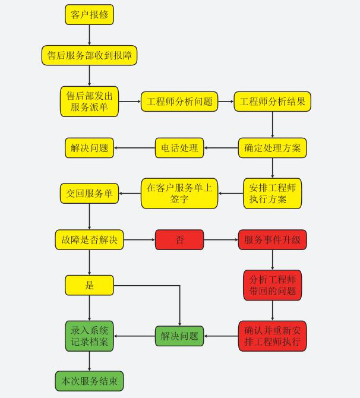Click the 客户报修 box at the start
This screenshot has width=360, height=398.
pos(89,15)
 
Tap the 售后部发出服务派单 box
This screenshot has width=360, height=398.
pos(89,102)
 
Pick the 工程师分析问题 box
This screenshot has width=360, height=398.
pos(179,102)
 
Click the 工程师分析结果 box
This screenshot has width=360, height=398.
pos(272,102)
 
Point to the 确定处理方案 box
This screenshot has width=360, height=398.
pos(272,148)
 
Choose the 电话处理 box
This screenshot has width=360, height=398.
pos(179,148)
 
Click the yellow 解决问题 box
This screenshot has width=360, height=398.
pos(89,148)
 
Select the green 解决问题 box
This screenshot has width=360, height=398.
pos(179,336)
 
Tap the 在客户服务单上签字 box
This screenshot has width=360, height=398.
pos(179,194)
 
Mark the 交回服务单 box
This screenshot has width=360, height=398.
pos(89,193)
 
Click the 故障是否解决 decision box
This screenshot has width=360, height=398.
pos(89,240)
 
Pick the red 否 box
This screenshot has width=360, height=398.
pos(179,240)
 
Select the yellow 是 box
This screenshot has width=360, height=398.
pos(89,286)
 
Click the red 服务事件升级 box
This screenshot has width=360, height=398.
pos(272,240)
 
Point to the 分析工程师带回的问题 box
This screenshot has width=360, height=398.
pos(272,286)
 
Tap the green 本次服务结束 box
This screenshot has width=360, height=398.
pos(89,380)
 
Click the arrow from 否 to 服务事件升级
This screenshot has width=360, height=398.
pos(220,240)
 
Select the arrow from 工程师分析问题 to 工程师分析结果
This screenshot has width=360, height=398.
pos(226,102)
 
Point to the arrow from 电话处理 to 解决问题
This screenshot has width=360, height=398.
pos(134,148)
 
